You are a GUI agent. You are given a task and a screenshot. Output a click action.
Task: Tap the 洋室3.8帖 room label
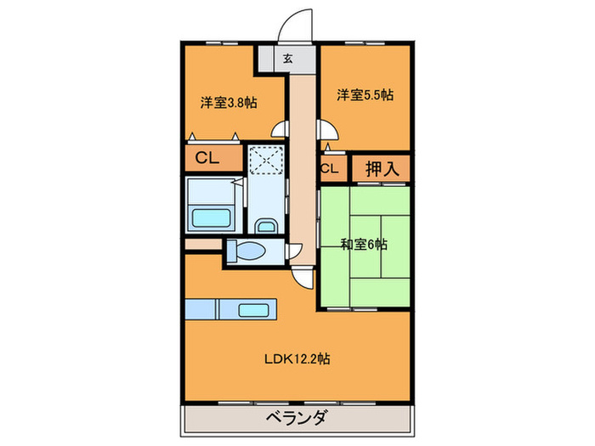point(229,102)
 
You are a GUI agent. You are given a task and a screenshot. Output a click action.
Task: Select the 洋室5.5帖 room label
point(365,96)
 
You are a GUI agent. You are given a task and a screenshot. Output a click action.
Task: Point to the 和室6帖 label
point(365,244)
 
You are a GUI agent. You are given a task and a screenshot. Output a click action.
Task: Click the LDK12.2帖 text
point(297,358)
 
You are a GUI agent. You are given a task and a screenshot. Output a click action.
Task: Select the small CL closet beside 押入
point(330,168)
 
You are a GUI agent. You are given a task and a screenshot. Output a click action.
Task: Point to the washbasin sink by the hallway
point(265,225)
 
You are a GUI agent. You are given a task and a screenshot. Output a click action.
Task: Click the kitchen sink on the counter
point(254,310)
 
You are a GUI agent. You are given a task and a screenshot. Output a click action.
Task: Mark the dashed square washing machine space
point(268,160)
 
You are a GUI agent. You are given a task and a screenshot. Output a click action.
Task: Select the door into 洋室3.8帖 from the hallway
point(277,130)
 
